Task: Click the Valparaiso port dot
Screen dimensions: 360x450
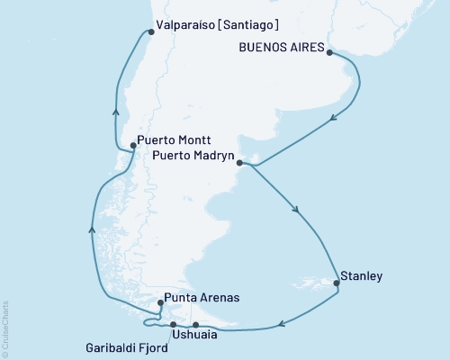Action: coord(149,32)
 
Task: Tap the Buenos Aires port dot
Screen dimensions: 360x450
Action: coord(328,53)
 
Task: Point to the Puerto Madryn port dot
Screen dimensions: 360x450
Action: coord(239,163)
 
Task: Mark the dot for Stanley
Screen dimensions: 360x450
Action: coord(337,283)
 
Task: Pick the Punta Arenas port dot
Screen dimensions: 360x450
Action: coord(159,303)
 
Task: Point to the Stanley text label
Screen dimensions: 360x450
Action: coord(362,275)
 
